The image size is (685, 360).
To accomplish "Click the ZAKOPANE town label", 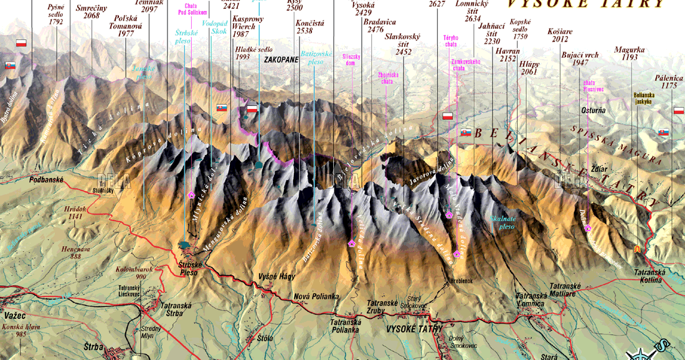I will [281, 60].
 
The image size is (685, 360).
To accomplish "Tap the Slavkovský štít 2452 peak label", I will [403, 44].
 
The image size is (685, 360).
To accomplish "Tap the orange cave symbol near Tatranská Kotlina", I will [637, 249].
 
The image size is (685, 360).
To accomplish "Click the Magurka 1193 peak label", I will [626, 53].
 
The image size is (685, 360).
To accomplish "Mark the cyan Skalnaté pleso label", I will [503, 223].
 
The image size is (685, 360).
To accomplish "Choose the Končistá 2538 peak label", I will [305, 26].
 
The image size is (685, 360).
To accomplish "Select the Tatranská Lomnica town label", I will [531, 298].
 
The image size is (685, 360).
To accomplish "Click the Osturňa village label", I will [593, 110].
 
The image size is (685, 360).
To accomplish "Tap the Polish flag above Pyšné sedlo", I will [21, 43].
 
